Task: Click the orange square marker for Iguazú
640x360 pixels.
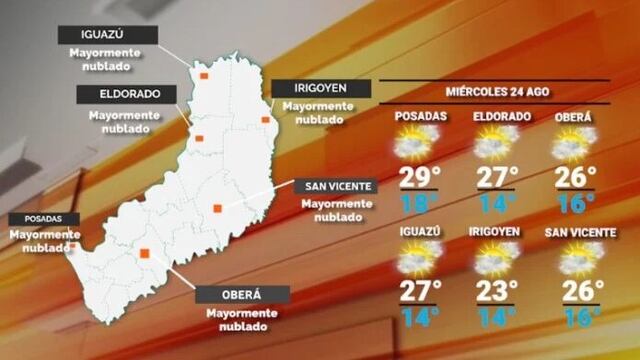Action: coord(204,75)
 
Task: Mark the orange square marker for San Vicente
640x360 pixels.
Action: coord(216,208)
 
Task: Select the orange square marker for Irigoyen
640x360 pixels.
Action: coord(266,120)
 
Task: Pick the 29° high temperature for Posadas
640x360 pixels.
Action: coord(420,179)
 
